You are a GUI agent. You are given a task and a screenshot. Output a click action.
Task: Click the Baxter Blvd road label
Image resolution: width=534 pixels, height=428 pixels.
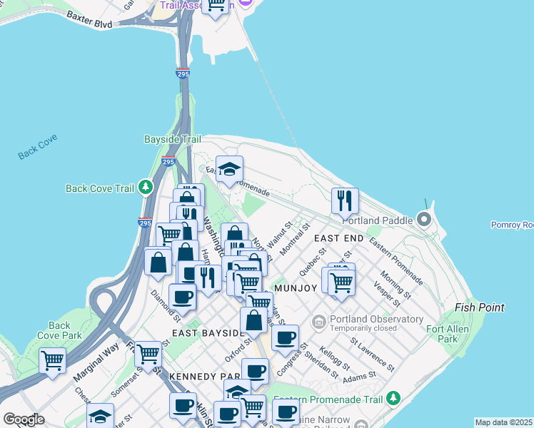tap(89, 19)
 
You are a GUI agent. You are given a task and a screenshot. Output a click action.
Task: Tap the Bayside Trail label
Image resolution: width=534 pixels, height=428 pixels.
tap(171, 139)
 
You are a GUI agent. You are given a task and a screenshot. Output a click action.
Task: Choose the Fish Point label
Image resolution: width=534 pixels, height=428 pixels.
tap(480, 307)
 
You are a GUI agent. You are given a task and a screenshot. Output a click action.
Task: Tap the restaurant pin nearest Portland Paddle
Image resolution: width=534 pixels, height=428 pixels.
tap(345, 202)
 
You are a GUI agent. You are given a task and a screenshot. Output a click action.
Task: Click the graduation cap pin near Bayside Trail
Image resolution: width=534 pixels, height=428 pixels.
tap(229, 170)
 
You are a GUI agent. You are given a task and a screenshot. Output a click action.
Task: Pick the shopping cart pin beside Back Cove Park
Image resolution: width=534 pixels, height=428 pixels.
tap(53, 361)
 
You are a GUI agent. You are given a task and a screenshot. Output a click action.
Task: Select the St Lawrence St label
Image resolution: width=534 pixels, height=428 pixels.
tap(371, 354)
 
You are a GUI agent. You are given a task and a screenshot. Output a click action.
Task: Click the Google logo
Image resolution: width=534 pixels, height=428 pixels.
tap(24, 419)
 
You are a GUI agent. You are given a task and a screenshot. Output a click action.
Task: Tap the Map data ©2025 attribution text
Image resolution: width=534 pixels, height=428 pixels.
tap(503, 422)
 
